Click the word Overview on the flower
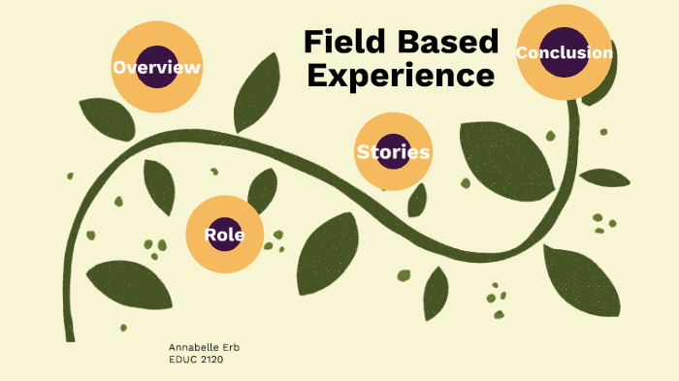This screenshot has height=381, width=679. click(x=156, y=68)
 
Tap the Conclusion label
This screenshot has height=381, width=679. click(x=564, y=52)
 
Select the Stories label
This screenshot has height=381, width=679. click(x=393, y=152)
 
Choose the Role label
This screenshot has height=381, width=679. click(x=224, y=235)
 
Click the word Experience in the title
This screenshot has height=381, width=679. click(x=401, y=76)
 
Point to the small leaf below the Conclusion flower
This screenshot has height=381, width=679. click(x=603, y=177)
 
